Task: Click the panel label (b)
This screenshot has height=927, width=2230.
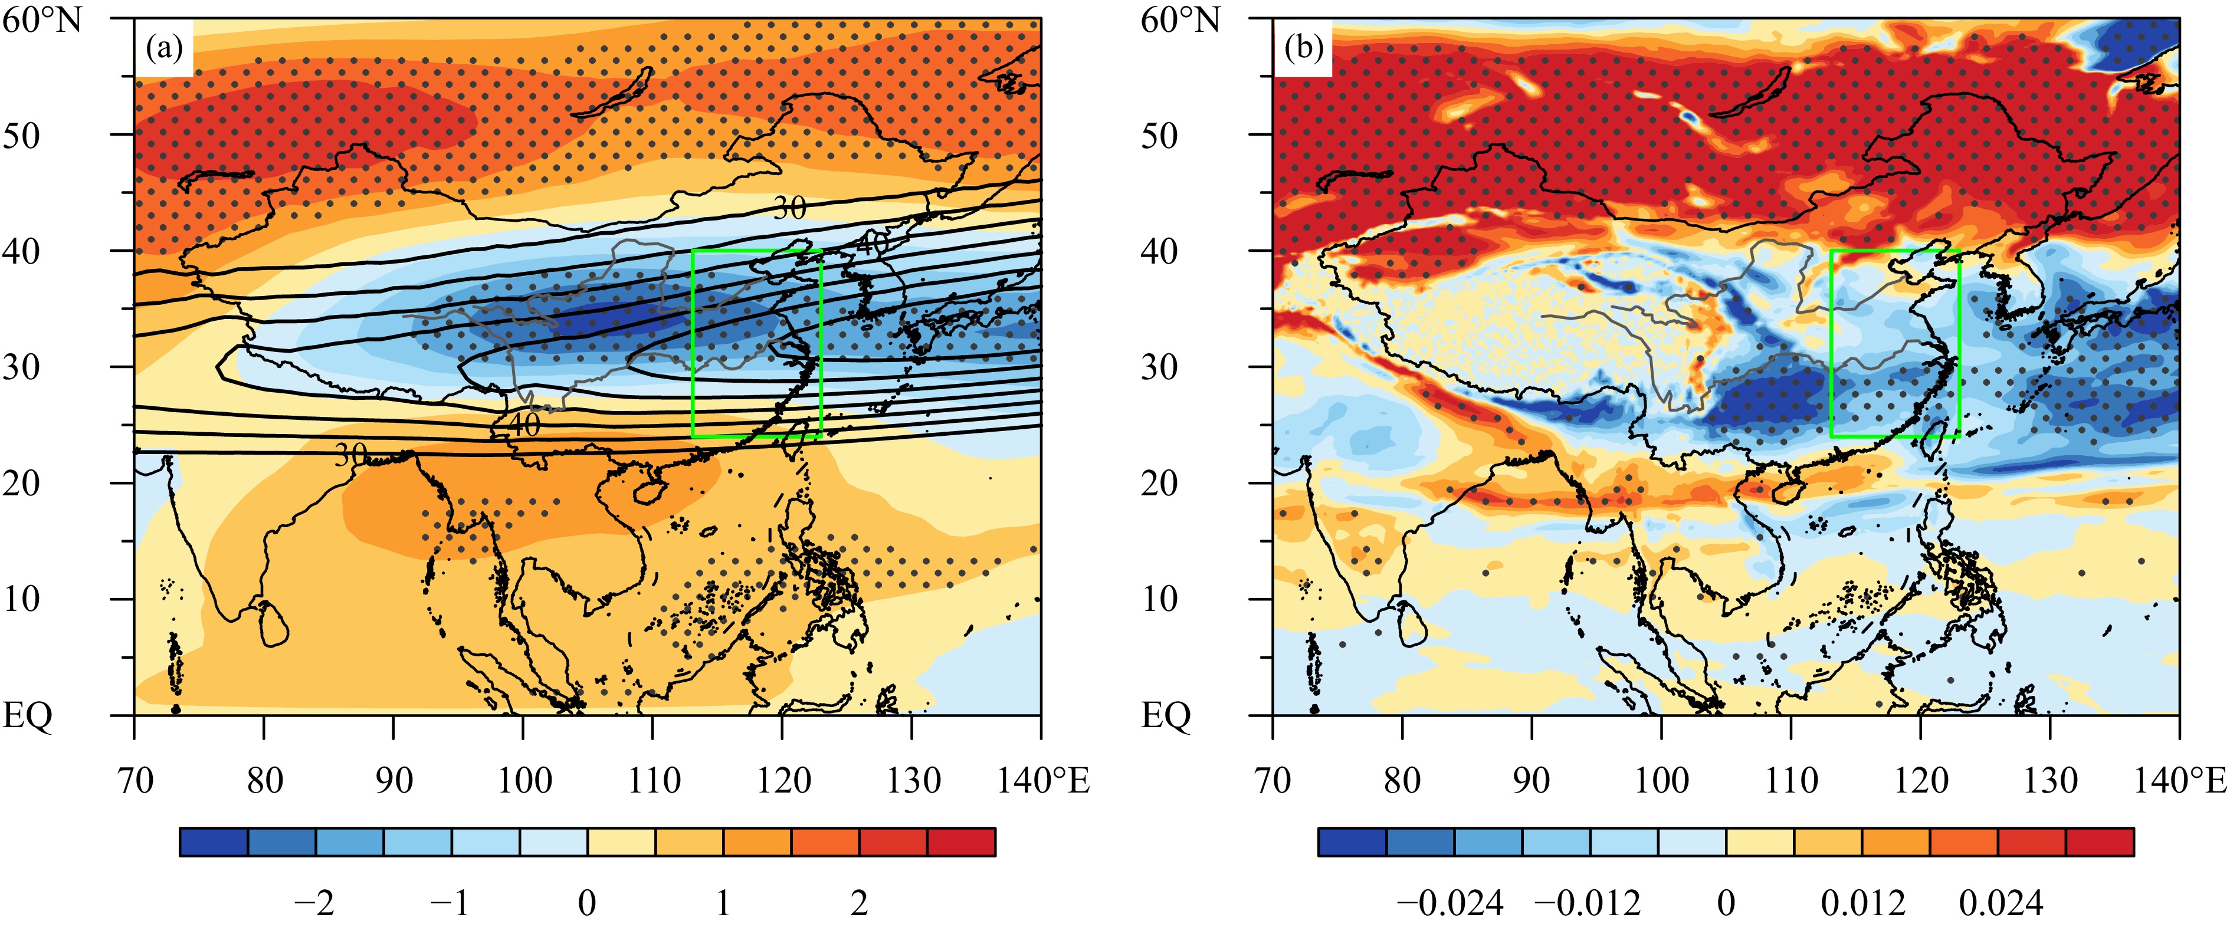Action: pyautogui.click(x=1303, y=48)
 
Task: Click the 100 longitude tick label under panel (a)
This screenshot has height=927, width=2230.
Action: pyautogui.click(x=524, y=781)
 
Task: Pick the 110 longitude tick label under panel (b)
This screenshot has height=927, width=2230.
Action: pyautogui.click(x=1791, y=781)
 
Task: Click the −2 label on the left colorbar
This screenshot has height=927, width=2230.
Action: pyautogui.click(x=313, y=903)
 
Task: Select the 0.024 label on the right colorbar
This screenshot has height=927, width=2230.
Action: pyautogui.click(x=2001, y=903)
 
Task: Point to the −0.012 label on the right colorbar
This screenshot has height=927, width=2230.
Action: pyautogui.click(x=1587, y=903)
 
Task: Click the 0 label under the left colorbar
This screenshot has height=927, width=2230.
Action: pyautogui.click(x=587, y=903)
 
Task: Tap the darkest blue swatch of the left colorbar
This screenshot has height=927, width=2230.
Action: pyautogui.click(x=214, y=842)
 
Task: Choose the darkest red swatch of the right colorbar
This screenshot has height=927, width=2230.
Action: pyautogui.click(x=2099, y=842)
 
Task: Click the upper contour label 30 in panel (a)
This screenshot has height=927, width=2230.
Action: pyautogui.click(x=789, y=208)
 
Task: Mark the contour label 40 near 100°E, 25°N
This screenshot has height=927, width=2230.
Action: pyautogui.click(x=524, y=424)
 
